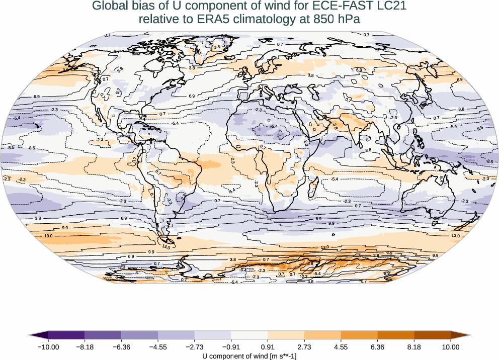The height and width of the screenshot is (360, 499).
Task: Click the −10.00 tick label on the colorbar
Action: coord(48,346)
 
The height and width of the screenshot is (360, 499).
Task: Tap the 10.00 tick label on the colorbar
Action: coord(451,346)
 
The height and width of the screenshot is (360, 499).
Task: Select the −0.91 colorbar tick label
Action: coord(231,346)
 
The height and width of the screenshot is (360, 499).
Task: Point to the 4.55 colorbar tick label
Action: coord(341,346)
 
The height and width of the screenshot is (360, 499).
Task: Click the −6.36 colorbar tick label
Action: coord(121,346)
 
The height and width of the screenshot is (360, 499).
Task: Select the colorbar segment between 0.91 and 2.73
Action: coord(286,334)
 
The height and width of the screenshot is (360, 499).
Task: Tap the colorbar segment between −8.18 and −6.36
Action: coord(103,334)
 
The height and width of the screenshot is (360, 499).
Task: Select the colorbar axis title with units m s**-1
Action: coord(249,356)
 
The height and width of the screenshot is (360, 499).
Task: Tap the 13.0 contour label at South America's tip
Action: coord(167,247)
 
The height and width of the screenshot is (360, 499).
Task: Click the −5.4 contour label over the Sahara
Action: coord(274,126)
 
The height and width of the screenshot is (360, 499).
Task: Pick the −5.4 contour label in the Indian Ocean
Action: coord(334,179)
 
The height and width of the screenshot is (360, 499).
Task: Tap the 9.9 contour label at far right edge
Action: coord(435,255)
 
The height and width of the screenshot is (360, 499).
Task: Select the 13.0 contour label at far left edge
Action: coord(49,236)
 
